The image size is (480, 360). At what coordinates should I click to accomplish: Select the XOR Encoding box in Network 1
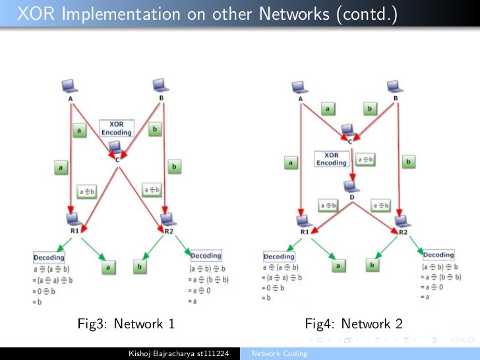[x=116, y=128]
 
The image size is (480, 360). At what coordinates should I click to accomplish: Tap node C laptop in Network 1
[x=115, y=147]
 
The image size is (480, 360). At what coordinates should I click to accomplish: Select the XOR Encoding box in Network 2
[x=331, y=160]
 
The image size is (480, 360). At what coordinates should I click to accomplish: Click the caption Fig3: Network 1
[x=126, y=324]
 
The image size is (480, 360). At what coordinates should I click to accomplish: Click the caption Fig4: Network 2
[x=353, y=324]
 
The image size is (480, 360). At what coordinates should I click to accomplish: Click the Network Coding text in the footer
[x=279, y=354]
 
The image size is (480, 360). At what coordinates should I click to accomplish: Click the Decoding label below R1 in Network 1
[x=49, y=257]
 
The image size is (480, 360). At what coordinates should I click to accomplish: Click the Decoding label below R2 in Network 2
[x=438, y=255]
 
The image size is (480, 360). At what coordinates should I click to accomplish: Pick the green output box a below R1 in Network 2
[x=338, y=265]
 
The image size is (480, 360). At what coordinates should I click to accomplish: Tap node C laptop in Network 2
[x=347, y=130]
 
